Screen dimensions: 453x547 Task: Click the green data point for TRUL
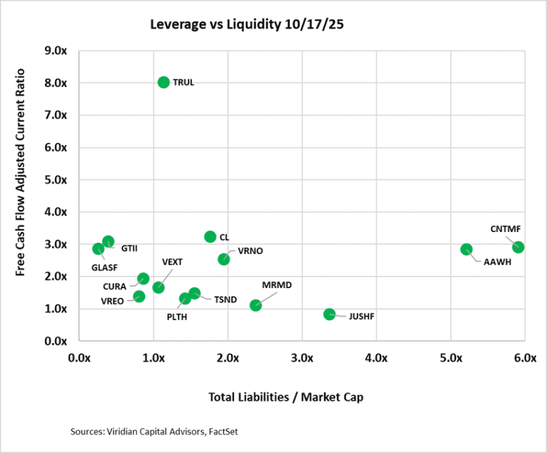(x=163, y=82)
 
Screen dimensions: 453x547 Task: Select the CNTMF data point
(x=518, y=247)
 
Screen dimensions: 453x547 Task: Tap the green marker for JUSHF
(x=330, y=314)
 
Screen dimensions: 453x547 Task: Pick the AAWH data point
(x=466, y=250)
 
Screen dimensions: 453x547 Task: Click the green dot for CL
(x=210, y=237)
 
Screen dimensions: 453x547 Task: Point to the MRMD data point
(x=256, y=305)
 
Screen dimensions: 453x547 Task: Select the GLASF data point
(x=98, y=249)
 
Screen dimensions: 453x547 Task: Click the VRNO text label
(x=250, y=251)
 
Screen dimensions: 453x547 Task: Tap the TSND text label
(x=226, y=300)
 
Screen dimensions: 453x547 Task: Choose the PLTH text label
(x=176, y=317)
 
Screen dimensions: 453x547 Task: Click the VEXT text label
(x=173, y=262)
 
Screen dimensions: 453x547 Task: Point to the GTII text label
(x=129, y=247)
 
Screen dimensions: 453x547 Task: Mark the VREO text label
(x=112, y=301)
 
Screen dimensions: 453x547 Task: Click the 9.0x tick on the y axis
(x=64, y=51)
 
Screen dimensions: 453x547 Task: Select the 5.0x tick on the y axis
(x=64, y=180)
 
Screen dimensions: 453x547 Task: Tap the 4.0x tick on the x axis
(x=376, y=358)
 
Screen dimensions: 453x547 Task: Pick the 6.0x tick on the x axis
(x=524, y=358)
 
